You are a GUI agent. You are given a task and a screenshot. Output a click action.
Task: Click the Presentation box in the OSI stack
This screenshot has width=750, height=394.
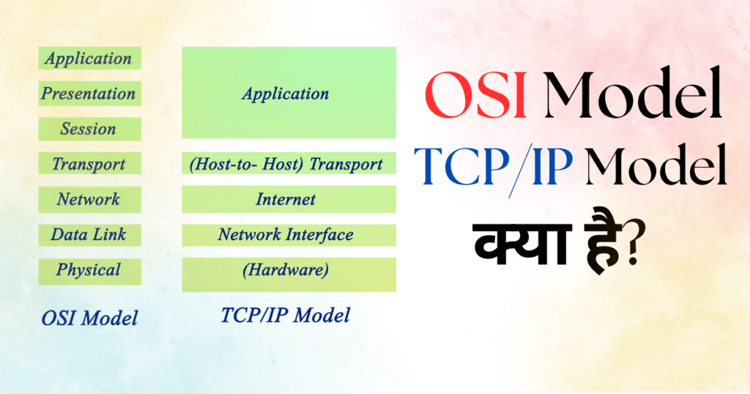coord(88,94)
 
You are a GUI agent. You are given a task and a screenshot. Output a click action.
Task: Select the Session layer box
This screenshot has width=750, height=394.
coord(88,129)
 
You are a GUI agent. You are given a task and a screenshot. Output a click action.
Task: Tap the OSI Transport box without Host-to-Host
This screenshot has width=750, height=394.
coord(88,164)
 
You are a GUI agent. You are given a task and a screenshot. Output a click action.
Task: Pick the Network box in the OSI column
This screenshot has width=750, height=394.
coord(88,199)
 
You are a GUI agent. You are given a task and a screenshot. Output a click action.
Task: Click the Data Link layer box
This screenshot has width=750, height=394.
coord(88,234)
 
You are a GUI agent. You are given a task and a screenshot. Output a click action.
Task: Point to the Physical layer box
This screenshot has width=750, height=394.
coord(88,270)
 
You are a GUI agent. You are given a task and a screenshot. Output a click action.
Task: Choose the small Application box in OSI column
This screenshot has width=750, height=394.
coord(88,59)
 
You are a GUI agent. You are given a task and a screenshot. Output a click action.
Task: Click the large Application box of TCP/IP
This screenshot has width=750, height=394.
coord(289,93)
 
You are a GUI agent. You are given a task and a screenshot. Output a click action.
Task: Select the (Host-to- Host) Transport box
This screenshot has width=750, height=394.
coord(289,164)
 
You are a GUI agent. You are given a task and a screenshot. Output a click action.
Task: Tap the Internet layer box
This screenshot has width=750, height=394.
coord(289,199)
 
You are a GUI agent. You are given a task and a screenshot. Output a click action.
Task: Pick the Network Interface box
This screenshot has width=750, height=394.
coord(289,235)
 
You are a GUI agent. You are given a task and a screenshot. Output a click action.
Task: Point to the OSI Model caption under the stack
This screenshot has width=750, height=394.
coord(89,319)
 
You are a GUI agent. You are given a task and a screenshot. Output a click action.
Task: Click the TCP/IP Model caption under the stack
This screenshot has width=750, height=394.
coord(285,315)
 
